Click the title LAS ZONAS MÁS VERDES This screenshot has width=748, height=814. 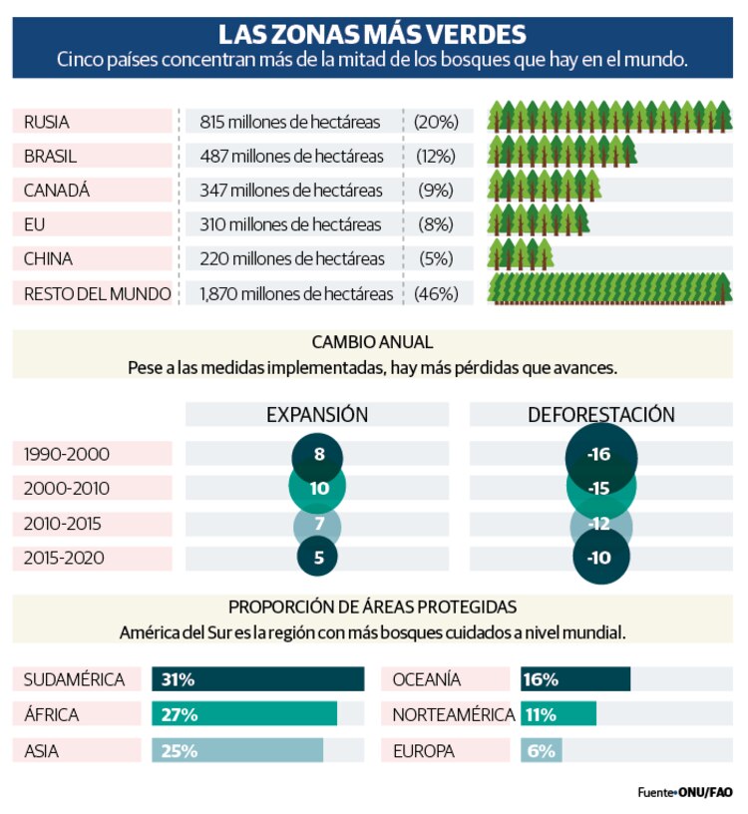(372, 35)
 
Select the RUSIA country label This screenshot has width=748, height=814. (47, 122)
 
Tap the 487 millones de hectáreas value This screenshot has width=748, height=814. (291, 156)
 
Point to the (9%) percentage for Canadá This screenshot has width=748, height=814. (436, 191)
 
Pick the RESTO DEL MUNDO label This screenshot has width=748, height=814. (97, 293)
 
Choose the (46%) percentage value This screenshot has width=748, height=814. (436, 293)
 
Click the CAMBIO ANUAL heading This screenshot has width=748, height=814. (372, 343)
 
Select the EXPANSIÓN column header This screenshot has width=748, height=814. (317, 414)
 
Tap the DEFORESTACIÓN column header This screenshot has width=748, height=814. (600, 414)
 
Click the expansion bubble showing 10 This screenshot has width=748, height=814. (318, 489)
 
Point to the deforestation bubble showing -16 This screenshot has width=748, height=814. (599, 455)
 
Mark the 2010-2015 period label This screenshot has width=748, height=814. (63, 523)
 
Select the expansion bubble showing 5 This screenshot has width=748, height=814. (318, 558)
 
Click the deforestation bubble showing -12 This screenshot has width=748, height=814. (599, 523)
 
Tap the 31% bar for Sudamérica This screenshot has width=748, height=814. (257, 679)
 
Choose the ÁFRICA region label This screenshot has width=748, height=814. (52, 714)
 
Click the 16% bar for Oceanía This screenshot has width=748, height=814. (574, 679)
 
